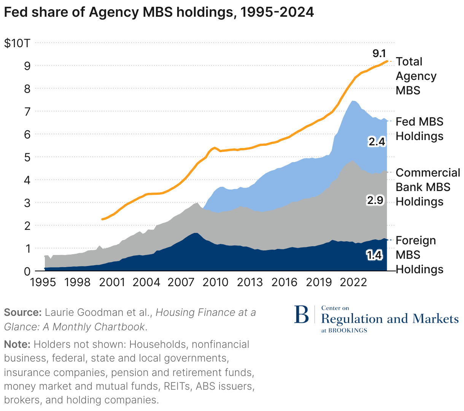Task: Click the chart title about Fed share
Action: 159,12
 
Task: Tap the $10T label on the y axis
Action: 17,43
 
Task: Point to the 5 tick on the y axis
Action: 27,157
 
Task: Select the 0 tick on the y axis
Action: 27,271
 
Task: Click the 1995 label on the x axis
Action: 43,282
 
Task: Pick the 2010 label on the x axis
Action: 215,282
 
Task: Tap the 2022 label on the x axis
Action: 353,282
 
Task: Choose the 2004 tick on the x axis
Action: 146,282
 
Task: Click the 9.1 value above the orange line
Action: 379,53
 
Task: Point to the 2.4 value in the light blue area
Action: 377,142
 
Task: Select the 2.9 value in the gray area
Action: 375,200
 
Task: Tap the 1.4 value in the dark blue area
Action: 374,255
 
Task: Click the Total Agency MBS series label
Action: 416,76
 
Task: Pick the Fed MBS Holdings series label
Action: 420,129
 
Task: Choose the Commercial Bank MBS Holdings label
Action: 427,187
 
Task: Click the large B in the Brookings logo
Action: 302,315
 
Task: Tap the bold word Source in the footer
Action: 22,312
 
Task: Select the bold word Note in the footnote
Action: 17,344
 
